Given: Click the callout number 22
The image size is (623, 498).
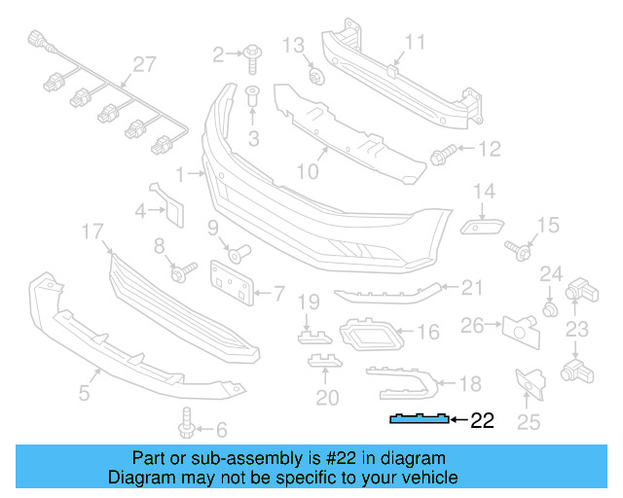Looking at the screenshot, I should click(x=483, y=421).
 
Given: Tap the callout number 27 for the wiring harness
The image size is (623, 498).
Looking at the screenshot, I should click(x=144, y=64).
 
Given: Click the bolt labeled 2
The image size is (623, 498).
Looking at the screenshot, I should click(x=251, y=54).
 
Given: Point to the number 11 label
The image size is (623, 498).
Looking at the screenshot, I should click(x=416, y=42).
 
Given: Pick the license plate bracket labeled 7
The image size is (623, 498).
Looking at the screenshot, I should click(x=233, y=280).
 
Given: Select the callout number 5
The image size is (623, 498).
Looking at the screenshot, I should click(x=84, y=393).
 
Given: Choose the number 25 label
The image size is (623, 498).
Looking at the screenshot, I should click(x=528, y=421).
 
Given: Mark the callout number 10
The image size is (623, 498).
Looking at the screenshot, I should click(x=308, y=173).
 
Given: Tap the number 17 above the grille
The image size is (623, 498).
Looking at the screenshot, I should click(x=92, y=231).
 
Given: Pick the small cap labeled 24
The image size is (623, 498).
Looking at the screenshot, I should click(x=550, y=309).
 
